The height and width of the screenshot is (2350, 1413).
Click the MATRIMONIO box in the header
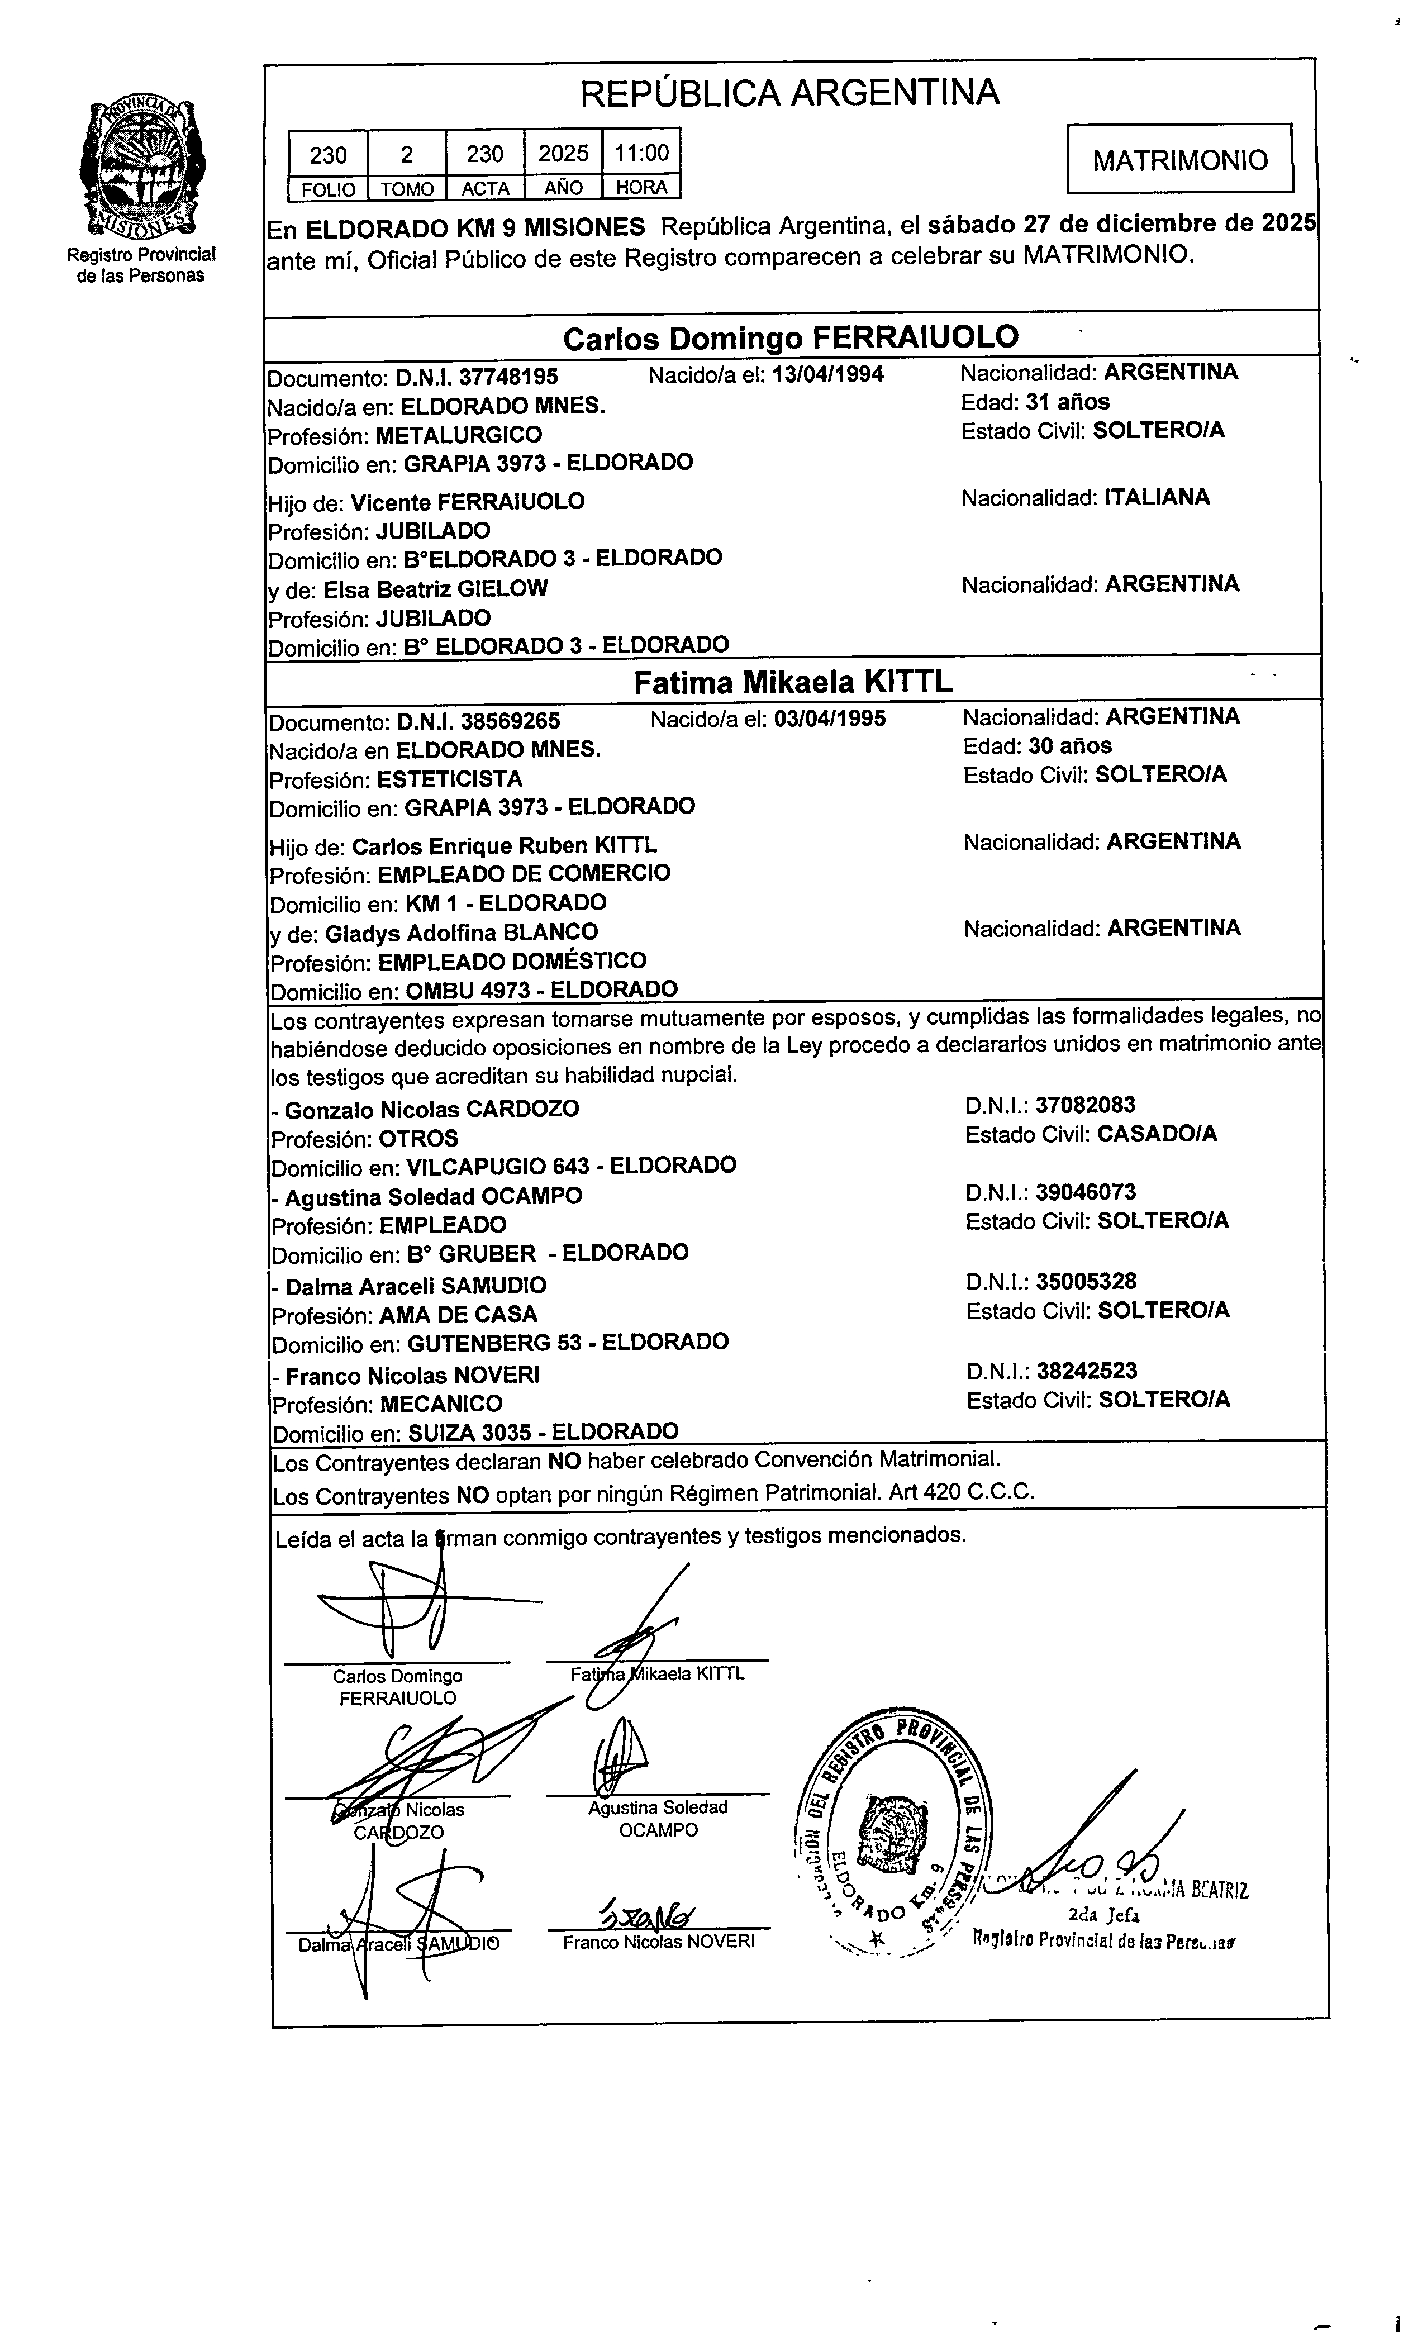pyautogui.click(x=1179, y=159)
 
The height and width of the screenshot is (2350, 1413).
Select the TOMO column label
pyautogui.click(x=407, y=188)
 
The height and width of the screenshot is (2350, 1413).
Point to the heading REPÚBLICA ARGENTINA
pyautogui.click(x=789, y=93)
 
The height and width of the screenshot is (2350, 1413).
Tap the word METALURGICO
pyautogui.click(x=458, y=435)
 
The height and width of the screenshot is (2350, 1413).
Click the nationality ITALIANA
pyautogui.click(x=1157, y=497)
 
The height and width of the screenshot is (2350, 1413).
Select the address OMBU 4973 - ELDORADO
pyautogui.click(x=541, y=990)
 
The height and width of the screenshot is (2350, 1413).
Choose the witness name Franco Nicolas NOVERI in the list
pyautogui.click(x=412, y=1376)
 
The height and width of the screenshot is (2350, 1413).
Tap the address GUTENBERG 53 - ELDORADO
pyautogui.click(x=568, y=1343)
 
